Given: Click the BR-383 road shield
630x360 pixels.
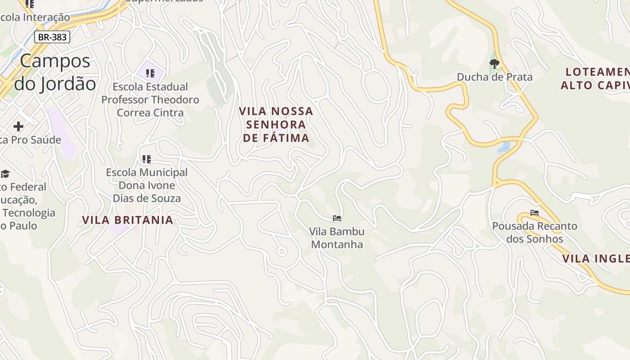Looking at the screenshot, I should click(52, 37).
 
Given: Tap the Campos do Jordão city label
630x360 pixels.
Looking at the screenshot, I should click(55, 72).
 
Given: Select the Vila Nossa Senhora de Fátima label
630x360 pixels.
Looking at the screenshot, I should click(276, 124).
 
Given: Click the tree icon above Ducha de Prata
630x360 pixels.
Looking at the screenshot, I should click(495, 64).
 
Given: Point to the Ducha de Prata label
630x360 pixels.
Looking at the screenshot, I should click(495, 77).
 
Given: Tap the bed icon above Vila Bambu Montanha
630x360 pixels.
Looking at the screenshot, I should click(337, 218).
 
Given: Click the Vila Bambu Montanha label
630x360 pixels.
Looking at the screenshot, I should click(337, 238).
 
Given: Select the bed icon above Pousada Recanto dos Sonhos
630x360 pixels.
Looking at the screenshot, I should click(535, 212).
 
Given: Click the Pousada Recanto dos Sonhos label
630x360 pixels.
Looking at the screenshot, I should click(535, 232).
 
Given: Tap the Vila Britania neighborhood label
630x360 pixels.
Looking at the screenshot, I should click(128, 220).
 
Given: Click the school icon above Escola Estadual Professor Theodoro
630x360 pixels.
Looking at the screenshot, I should click(150, 73).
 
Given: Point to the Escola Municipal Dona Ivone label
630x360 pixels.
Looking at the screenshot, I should click(147, 185).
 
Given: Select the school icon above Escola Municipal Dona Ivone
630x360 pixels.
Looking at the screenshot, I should click(146, 159).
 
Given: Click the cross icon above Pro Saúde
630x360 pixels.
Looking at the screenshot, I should click(18, 126).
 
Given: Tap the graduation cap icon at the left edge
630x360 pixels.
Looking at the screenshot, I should click(5, 174).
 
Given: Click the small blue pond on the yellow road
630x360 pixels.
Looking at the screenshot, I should click(504, 147).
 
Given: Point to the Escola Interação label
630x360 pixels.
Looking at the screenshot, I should click(35, 17).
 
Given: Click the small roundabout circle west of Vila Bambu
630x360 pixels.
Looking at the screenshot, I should click(282, 252).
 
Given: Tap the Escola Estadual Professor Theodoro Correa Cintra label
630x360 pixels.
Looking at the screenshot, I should click(150, 99).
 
